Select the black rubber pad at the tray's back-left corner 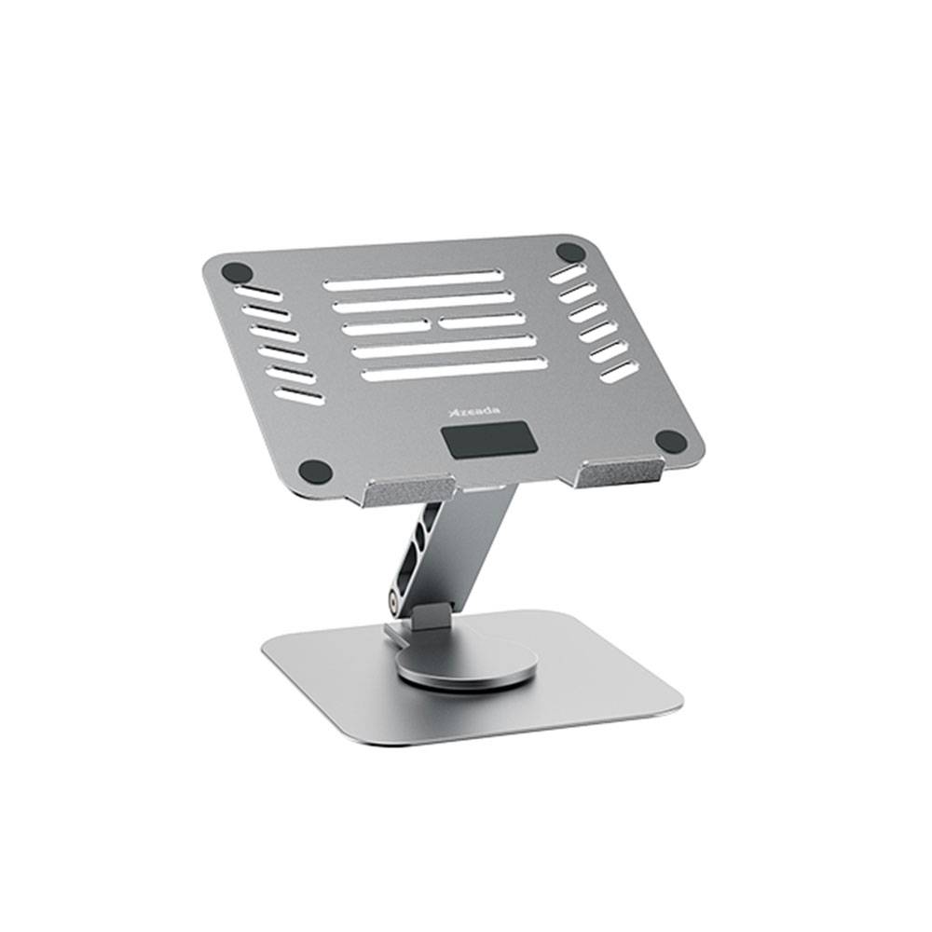pyautogui.click(x=237, y=274)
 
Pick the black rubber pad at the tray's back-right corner pyautogui.click(x=570, y=252)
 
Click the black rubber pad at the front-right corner pyautogui.click(x=670, y=441)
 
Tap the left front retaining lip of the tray pyautogui.click(x=408, y=490)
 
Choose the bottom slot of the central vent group pyautogui.click(x=454, y=369)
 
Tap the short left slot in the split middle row pyautogui.click(x=385, y=327)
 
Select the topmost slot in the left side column pyautogui.click(x=257, y=292)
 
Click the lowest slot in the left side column pyautogui.click(x=299, y=395)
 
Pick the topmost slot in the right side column pyautogui.click(x=567, y=273)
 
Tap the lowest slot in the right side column pyautogui.click(x=619, y=371)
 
